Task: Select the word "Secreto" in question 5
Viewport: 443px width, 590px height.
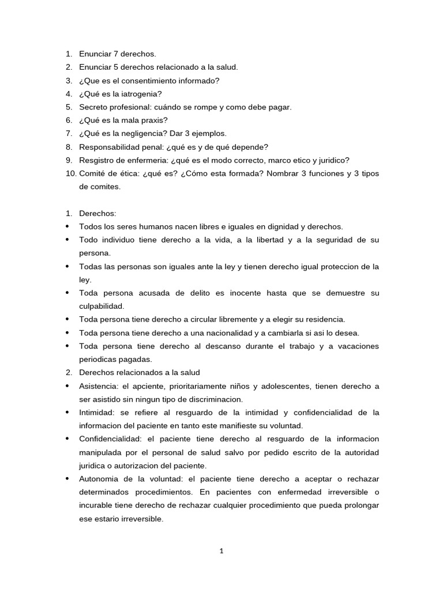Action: pos(94,107)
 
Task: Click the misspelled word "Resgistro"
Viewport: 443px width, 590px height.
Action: pos(97,160)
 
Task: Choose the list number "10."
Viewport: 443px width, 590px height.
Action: pos(70,173)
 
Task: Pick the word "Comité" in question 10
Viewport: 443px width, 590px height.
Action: pos(92,173)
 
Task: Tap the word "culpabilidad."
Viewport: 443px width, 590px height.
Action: pos(102,306)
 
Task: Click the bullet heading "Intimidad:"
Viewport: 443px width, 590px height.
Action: pos(97,413)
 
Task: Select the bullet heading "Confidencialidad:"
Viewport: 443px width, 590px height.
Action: pos(110,439)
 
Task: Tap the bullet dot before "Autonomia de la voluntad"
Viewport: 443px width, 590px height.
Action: pos(68,479)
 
